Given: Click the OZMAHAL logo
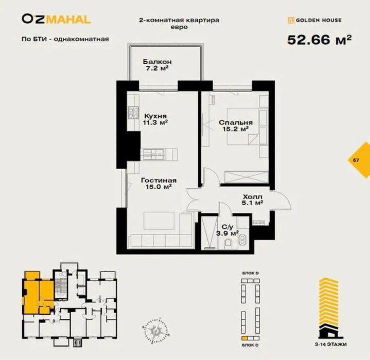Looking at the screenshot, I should coord(56,19).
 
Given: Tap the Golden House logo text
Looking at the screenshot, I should coord(314,21).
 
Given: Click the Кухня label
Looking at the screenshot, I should coord(155,116).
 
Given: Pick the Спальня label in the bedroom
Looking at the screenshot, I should coord(235,123).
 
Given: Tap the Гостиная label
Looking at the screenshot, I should coord(158,181).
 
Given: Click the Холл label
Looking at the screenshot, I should coord(253,196).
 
